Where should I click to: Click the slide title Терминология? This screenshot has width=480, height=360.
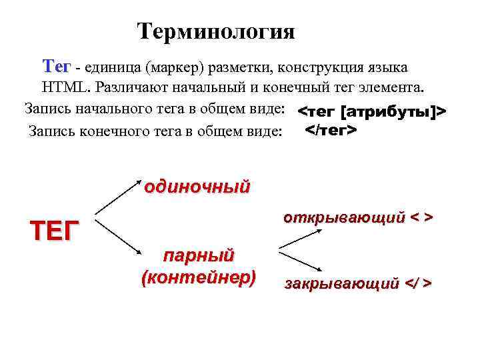(215, 31)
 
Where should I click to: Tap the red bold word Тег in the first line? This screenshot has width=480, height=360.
(56, 67)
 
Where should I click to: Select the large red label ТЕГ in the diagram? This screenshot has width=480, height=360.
(55, 230)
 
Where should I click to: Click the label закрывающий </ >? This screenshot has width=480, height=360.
(357, 284)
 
